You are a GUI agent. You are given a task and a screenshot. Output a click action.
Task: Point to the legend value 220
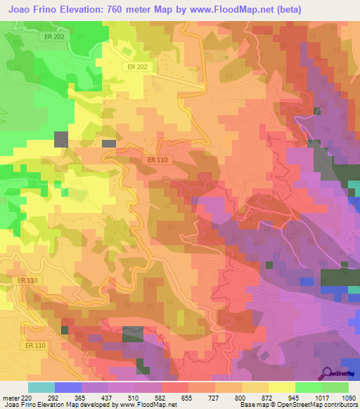(x=27, y=397)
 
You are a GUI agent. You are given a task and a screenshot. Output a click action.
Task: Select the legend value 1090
(x=347, y=397)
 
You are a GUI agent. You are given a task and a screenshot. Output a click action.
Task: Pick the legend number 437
(x=95, y=397)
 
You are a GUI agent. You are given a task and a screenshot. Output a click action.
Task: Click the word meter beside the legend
(x=10, y=397)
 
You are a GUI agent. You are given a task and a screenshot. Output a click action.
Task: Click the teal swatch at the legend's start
(x=41, y=387)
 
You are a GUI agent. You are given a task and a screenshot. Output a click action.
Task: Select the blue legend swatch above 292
(x=68, y=387)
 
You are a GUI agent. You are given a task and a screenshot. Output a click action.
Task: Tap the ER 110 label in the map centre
(x=157, y=160)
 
